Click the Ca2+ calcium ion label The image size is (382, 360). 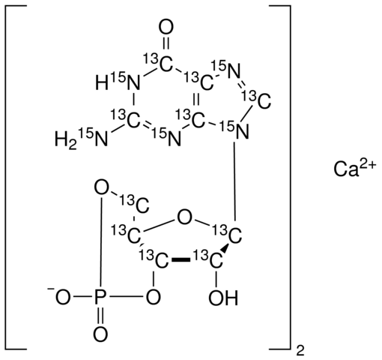(354, 169)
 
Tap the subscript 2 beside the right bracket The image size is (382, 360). (300, 351)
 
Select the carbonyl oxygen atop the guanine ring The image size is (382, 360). (166, 27)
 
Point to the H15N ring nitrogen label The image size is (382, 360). (118, 81)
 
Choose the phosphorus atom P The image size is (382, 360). (100, 298)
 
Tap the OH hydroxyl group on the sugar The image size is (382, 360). (223, 298)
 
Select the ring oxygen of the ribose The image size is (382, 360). (184, 217)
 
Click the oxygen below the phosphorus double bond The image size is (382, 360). (100, 334)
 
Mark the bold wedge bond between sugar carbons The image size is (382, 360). (181, 260)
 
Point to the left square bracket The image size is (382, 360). (15, 177)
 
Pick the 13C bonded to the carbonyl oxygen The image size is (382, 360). (158, 62)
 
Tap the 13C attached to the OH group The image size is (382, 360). (209, 259)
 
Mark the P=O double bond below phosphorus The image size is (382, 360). (100, 316)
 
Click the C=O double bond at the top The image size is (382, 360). (166, 44)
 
